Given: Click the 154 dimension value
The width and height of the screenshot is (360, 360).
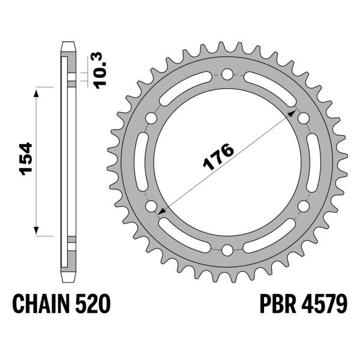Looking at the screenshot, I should (x=26, y=160).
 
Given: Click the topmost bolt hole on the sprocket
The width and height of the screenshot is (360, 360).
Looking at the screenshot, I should (x=227, y=74).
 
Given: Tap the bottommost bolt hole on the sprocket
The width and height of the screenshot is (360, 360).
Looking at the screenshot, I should (x=227, y=250).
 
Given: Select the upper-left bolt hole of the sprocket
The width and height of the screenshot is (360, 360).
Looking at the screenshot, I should (x=151, y=118).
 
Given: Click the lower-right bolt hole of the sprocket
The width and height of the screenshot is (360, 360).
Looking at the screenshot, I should (x=303, y=206).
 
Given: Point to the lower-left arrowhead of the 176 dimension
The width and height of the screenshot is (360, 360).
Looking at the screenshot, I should (x=161, y=210).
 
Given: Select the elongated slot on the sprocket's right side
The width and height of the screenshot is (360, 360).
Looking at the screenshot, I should (x=314, y=162).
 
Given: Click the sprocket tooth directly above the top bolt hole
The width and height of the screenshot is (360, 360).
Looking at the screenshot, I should (x=227, y=47).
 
